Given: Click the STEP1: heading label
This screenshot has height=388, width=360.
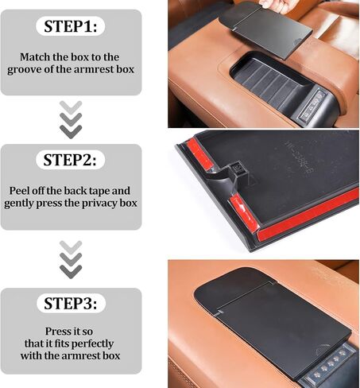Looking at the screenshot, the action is click(71, 26).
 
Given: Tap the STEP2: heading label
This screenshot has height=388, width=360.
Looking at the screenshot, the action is click(70, 160).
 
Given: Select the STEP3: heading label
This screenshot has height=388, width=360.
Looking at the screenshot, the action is click(71, 303).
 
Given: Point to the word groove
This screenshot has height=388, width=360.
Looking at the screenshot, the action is click(23, 70).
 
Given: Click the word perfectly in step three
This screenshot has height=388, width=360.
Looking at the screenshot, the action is click(92, 344).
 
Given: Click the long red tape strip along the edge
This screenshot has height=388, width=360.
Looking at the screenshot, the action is click(308, 215).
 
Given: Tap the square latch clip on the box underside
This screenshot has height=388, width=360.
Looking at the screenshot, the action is click(235, 169).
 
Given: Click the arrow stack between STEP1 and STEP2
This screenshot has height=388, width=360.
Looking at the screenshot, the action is click(71, 119).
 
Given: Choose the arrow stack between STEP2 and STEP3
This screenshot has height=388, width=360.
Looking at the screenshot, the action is click(71, 259).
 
